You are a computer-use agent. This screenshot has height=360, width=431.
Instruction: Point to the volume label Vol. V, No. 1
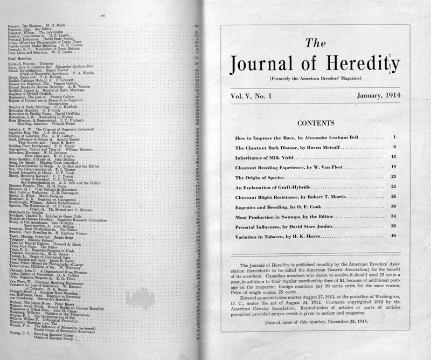point(255,95)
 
